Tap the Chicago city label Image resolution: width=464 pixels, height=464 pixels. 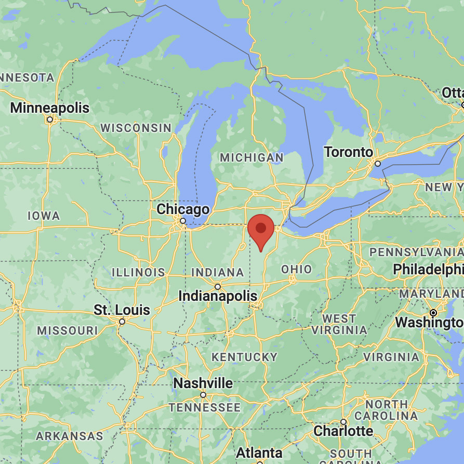click(183, 209)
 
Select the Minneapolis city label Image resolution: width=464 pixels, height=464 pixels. click(50, 108)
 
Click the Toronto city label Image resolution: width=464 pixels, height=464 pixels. click(349, 152)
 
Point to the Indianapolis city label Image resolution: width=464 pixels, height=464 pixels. click(218, 296)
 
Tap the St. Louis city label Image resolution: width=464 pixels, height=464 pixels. click(122, 311)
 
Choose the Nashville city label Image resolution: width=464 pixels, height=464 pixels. click(203, 383)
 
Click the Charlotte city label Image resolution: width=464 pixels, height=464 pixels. click(343, 431)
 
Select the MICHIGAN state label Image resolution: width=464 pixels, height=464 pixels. click(251, 157)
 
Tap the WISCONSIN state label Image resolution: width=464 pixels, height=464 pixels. click(136, 127)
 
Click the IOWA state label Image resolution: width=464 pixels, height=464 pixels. click(44, 216)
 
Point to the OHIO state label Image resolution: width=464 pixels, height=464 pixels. click(297, 269)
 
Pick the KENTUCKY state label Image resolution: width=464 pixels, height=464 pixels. click(244, 357)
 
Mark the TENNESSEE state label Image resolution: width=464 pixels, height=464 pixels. click(204, 407)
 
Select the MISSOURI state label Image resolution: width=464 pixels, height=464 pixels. click(68, 330)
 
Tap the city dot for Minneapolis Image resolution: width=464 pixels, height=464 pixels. click(50, 120)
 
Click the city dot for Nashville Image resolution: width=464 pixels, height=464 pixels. click(203, 395)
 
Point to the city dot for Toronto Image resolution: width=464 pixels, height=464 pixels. click(378, 164)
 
